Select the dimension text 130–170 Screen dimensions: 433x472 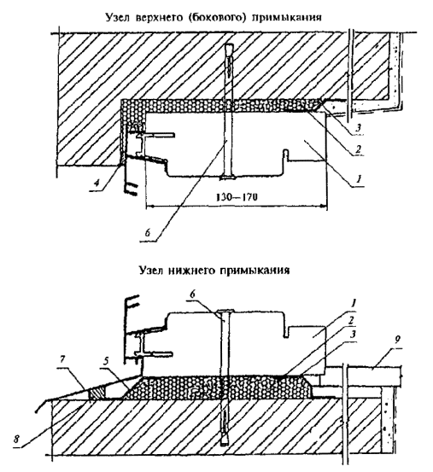[237, 197]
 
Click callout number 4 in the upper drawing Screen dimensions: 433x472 [97, 183]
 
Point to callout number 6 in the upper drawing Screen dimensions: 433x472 [147, 233]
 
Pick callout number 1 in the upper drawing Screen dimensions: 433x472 [358, 180]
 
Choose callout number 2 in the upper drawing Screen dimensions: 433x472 [358, 149]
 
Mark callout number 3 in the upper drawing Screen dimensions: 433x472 [358, 128]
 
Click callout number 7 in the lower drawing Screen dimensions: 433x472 [62, 360]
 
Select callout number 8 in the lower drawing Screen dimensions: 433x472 [16, 440]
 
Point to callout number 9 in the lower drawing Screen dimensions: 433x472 [397, 341]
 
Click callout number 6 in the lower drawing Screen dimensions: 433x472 [192, 294]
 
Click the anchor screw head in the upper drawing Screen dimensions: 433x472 [227, 178]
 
